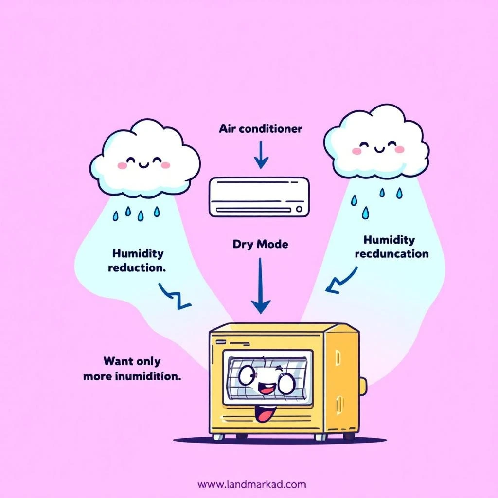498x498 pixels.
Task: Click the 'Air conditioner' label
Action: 260,129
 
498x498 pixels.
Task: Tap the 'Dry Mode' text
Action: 260,244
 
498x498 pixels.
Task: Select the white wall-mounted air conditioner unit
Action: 259,196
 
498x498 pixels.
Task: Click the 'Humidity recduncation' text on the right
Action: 391,247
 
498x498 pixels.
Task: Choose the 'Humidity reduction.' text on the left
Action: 138,260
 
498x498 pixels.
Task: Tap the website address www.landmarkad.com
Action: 252,484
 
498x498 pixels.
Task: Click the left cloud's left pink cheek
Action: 122,166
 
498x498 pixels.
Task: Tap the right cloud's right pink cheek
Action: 399,149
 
